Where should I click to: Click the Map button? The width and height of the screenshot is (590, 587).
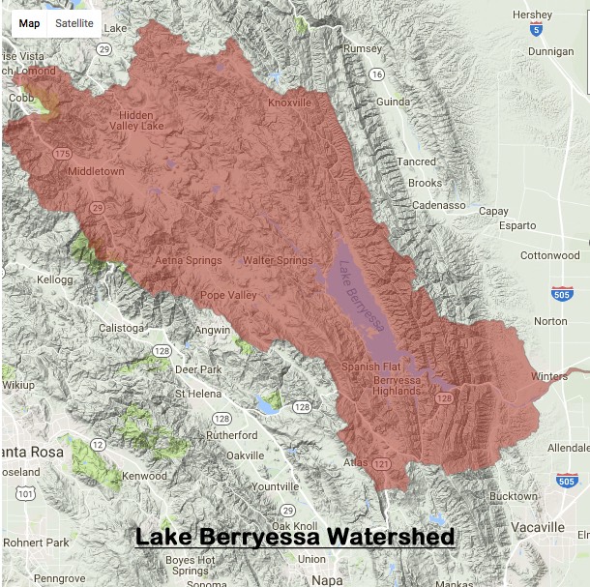(x=29, y=23)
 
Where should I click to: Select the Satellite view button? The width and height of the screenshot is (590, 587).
(x=74, y=23)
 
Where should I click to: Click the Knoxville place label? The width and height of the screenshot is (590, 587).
(x=289, y=103)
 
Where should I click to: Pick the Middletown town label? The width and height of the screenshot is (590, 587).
(x=96, y=171)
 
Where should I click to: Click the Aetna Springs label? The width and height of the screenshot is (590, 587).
(x=189, y=260)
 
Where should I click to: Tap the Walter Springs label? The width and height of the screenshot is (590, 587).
(x=277, y=260)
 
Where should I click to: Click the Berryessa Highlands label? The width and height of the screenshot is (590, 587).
(x=397, y=385)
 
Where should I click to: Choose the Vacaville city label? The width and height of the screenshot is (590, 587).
(x=538, y=527)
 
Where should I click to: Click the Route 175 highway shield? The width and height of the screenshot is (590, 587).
(x=63, y=154)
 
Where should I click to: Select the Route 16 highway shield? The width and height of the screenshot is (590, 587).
(x=376, y=74)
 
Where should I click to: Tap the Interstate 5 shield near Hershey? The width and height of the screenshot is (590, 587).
(x=535, y=32)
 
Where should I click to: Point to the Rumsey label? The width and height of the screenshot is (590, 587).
(x=364, y=48)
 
